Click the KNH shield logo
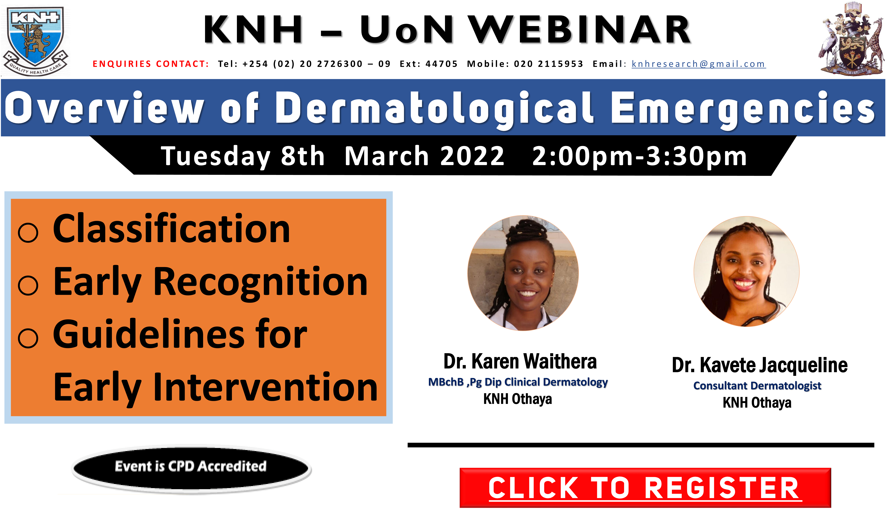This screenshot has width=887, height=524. pos(35,41)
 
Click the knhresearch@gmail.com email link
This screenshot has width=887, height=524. pos(698,64)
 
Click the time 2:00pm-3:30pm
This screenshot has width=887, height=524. pos(640,156)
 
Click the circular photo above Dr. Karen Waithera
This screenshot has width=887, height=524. pos(523,273)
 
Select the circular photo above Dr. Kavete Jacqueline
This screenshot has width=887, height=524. pos(746,271)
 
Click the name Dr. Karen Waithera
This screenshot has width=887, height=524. pos(520,362)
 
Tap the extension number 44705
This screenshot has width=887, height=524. pos(441,64)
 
